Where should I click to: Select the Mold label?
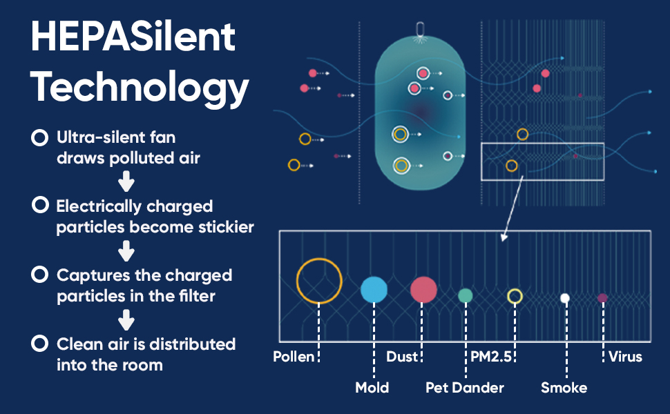[x=372, y=387]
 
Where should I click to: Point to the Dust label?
[x=402, y=357]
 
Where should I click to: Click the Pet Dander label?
[x=464, y=387]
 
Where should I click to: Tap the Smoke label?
[x=564, y=387]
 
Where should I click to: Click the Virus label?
[x=625, y=357]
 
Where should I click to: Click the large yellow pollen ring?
[x=319, y=280]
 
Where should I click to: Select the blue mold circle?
[x=374, y=290]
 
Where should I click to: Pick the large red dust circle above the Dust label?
[x=423, y=290]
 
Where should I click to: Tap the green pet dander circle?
[x=466, y=296]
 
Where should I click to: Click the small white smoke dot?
[x=565, y=298]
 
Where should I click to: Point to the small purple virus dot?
[x=602, y=298]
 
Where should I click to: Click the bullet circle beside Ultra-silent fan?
[x=39, y=138]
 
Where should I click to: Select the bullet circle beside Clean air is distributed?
[x=39, y=344]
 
